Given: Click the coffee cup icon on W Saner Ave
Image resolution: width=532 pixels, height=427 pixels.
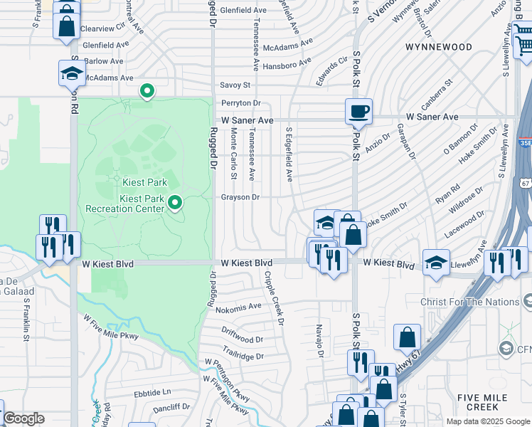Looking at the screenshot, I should tap(358, 111).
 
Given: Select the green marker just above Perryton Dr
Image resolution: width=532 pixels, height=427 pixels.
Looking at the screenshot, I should tap(147, 91).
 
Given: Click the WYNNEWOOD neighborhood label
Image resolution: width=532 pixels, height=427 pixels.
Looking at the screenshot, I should tap(438, 47).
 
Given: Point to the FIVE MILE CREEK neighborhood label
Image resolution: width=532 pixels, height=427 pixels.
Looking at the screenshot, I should tap(482, 402).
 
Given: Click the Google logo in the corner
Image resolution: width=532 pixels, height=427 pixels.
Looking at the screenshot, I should tap(23, 419).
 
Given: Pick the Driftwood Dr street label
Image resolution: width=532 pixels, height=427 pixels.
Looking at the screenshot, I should tap(242, 340).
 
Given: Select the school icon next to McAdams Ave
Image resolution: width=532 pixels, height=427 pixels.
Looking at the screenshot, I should tap(72, 74).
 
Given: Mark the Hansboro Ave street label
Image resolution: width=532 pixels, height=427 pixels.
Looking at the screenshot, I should tap(287, 62).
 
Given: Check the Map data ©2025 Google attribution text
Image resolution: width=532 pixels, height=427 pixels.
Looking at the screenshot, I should tap(487, 421).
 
